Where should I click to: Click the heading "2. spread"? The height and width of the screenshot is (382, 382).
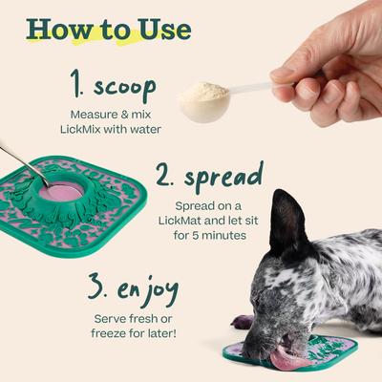(x=210, y=177)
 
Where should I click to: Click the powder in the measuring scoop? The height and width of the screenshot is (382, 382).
(x=204, y=93)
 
